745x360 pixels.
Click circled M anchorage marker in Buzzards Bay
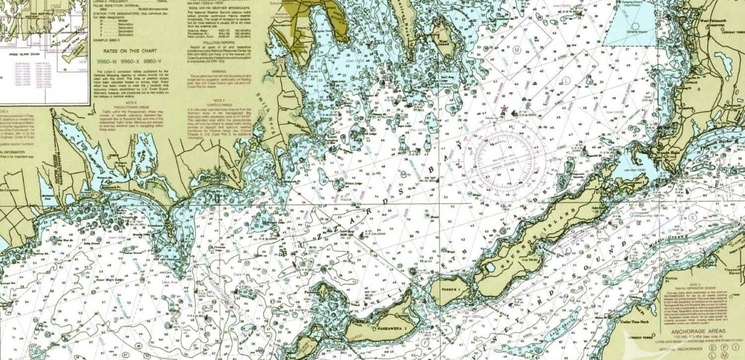click(517, 48)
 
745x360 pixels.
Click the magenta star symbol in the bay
click(503, 110)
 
